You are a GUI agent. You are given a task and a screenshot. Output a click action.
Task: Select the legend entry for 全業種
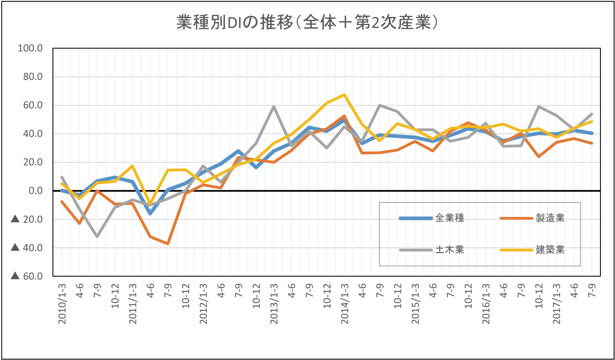pos(449,218)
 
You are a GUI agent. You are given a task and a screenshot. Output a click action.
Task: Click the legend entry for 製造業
pos(550,218)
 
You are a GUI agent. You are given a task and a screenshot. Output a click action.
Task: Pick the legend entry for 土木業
pos(449,250)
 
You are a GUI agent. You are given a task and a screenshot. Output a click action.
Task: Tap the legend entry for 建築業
pos(550,250)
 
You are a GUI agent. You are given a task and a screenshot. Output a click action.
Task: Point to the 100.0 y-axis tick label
pos(30,48)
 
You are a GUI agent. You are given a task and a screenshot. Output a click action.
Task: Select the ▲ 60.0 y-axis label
pos(27,276)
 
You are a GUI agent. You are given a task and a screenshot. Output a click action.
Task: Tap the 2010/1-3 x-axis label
pos(62,304)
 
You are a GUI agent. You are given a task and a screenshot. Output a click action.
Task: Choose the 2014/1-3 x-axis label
pos(345,304)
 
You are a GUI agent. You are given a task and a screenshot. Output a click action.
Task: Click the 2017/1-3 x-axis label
pos(557,304)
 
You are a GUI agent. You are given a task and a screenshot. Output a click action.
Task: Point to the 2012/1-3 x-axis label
pos(203,304)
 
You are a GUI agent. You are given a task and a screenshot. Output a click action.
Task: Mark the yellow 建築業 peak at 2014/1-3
pos(344,95)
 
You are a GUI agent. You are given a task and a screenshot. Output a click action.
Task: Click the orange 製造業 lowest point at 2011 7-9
pos(168,244)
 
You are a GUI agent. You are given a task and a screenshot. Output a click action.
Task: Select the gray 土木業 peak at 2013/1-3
pos(274,107)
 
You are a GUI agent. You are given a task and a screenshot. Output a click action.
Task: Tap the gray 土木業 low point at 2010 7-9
pos(97,236)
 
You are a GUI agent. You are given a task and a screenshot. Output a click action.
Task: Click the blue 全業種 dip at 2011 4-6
pos(150,214)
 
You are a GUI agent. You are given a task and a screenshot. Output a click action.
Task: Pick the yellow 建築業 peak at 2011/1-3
pos(133,166)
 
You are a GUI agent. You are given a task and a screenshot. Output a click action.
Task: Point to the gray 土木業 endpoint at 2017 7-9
pos(592,114)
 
